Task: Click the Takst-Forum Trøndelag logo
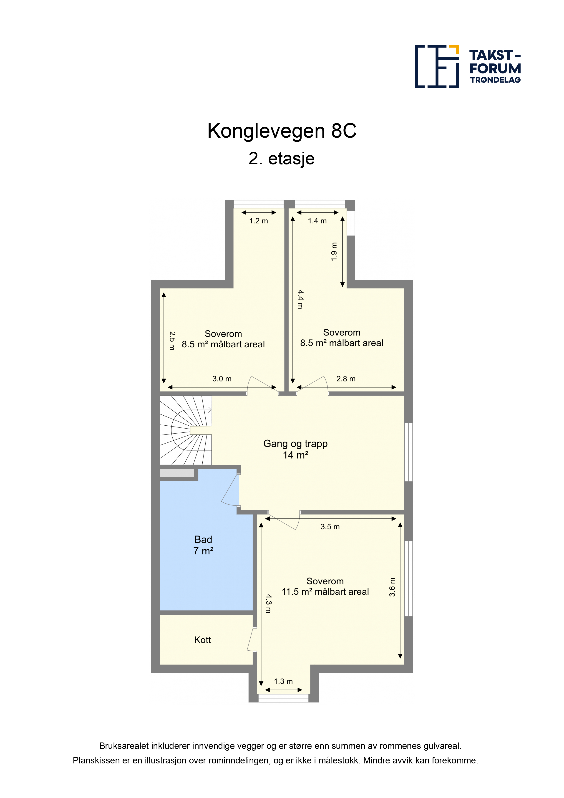468,66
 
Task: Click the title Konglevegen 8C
282,131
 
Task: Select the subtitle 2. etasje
282,159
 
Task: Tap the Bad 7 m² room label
203,545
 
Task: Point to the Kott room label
203,640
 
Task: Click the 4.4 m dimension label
300,300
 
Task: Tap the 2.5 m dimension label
172,341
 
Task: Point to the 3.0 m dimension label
222,379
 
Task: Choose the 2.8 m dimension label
346,379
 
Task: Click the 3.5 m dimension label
330,527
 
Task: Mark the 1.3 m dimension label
283,681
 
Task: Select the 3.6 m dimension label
392,587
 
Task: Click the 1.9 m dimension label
334,252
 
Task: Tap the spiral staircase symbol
186,430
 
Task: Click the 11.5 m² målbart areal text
325,591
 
